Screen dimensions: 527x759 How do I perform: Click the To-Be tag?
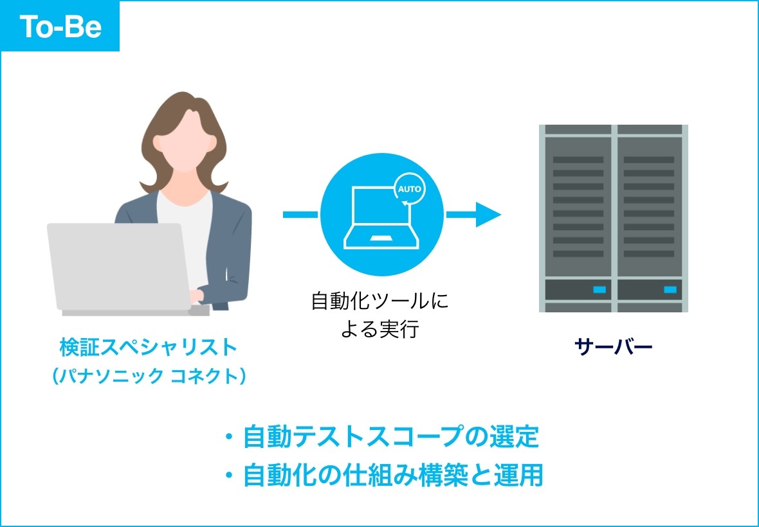coord(60,26)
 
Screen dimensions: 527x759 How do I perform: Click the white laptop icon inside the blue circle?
coord(379,219)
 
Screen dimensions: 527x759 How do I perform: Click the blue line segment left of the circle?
coord(300,214)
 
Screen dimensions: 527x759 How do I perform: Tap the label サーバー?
coord(613,348)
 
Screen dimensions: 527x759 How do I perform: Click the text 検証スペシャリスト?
coord(149,348)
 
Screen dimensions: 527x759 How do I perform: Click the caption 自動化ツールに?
coord(380,301)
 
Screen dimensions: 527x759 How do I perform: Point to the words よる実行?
coord(380,329)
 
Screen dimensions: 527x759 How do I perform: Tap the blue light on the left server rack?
coord(599,290)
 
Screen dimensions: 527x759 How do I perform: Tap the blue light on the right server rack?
coord(670,290)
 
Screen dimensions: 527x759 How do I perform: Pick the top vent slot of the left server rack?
coord(578,159)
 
